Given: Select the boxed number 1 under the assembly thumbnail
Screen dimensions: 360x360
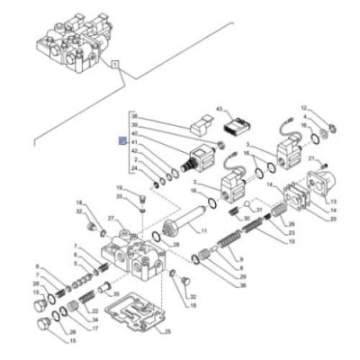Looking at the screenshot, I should coord(115,66).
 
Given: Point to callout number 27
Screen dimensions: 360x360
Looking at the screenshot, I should coord(112,219).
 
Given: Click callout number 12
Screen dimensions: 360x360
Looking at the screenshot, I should coord(303,107).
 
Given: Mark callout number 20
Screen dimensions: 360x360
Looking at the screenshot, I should coord(332,218).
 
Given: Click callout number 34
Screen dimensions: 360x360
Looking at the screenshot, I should coord(94,319).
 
